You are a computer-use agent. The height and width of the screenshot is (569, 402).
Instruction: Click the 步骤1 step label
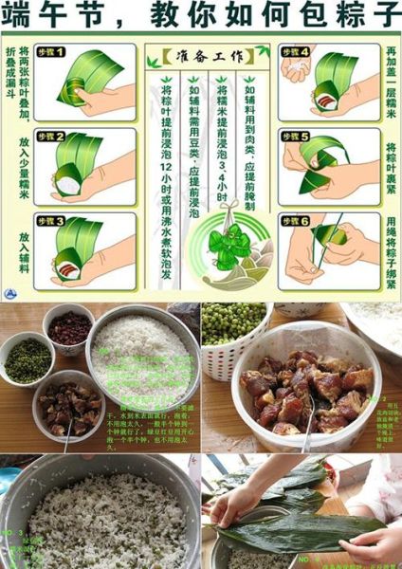click(x=50, y=51)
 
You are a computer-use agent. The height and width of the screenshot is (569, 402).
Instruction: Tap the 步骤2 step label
click(x=50, y=137)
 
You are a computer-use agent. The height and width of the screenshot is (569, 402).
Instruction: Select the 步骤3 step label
click(x=50, y=221)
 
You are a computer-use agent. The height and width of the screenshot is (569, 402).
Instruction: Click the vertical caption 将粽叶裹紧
click(x=390, y=171)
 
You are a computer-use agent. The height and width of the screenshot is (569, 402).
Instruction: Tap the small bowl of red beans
click(x=68, y=327)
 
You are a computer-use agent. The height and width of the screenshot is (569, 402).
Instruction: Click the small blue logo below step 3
click(x=10, y=292)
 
